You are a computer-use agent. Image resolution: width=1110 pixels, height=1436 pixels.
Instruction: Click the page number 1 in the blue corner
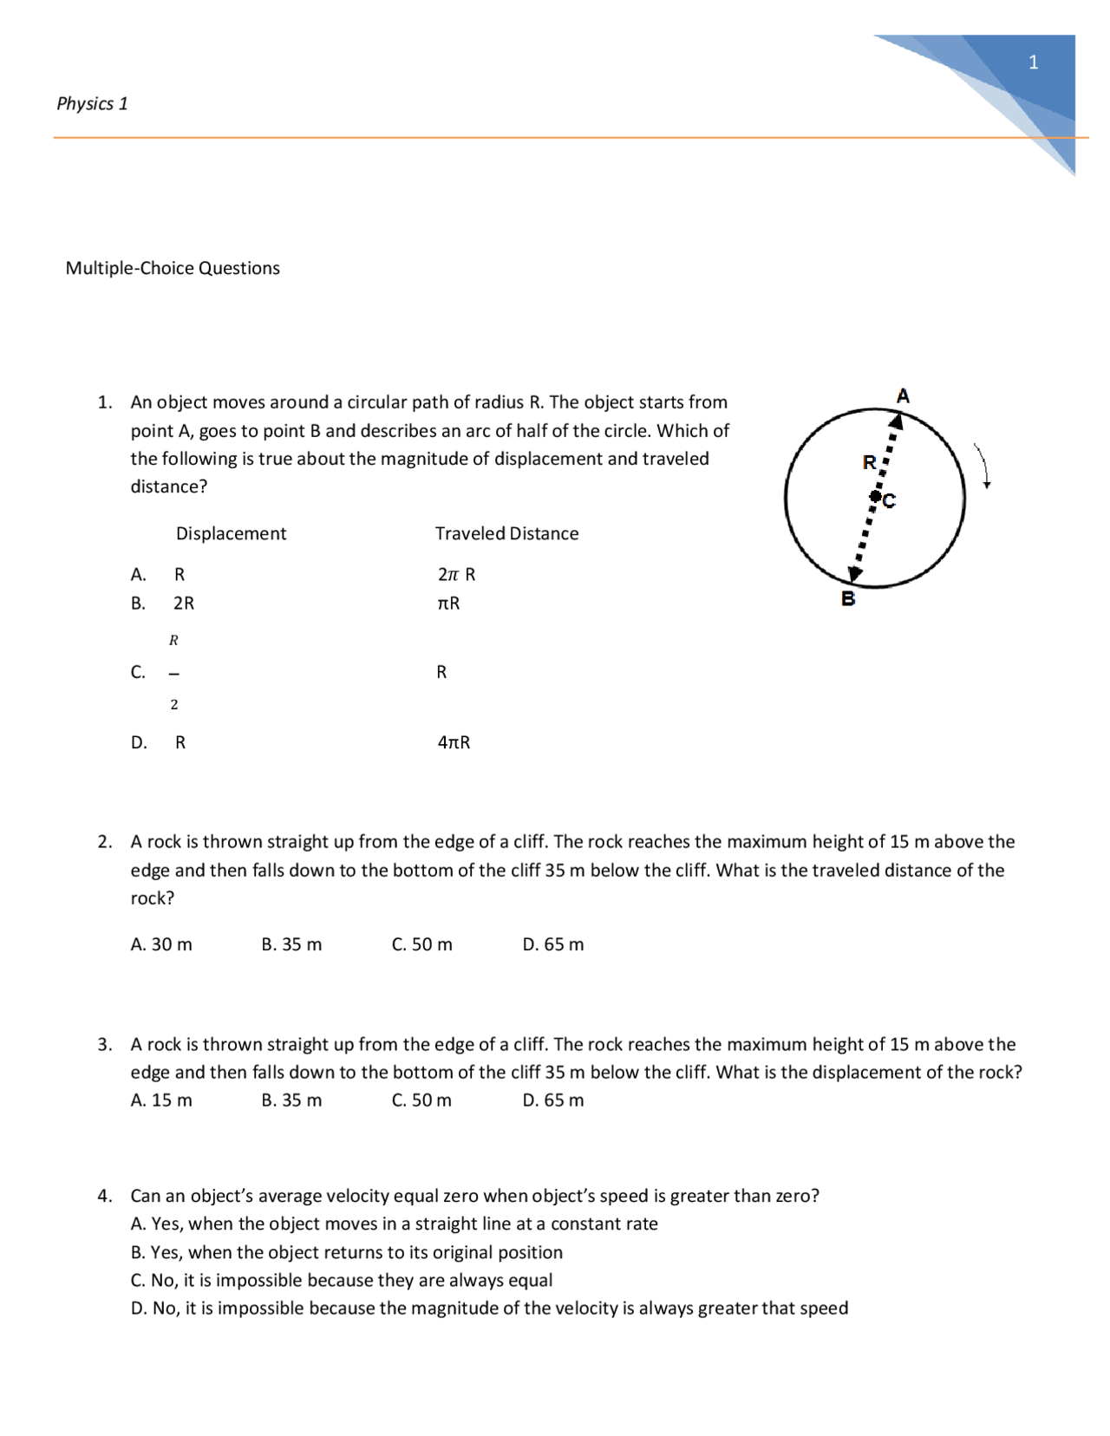click(1033, 62)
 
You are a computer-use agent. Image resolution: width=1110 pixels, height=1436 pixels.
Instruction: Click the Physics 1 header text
click(92, 103)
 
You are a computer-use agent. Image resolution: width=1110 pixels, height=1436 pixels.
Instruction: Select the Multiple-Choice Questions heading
click(173, 268)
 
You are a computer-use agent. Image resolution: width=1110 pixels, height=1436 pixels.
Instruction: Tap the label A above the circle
click(903, 396)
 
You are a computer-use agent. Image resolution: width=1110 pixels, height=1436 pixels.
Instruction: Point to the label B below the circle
click(848, 598)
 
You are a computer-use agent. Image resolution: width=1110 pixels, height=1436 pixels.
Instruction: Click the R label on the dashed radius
click(869, 463)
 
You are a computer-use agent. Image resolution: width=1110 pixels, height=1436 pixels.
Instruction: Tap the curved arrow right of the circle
click(983, 467)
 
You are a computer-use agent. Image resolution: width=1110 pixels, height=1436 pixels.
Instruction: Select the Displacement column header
click(231, 533)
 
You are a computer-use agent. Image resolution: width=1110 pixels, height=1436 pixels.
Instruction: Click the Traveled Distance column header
click(506, 533)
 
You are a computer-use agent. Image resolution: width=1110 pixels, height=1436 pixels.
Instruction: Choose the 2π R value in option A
click(456, 574)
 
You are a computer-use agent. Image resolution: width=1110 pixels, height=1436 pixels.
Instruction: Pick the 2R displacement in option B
click(184, 603)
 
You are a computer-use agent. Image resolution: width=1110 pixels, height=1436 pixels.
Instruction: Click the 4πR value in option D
click(454, 742)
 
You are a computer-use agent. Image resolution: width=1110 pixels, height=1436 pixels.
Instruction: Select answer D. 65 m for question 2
click(553, 944)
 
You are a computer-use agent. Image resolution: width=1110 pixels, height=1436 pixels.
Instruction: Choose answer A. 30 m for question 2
click(161, 944)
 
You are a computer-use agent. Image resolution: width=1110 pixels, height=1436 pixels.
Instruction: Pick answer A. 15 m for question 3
click(161, 1100)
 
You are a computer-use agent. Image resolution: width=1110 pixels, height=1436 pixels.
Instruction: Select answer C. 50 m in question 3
click(421, 1100)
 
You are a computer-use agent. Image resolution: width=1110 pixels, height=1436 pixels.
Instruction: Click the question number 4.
click(104, 1196)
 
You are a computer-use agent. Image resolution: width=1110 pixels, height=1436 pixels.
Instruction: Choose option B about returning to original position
click(347, 1252)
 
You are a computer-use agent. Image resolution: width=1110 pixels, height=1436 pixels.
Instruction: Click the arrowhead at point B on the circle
click(855, 573)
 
